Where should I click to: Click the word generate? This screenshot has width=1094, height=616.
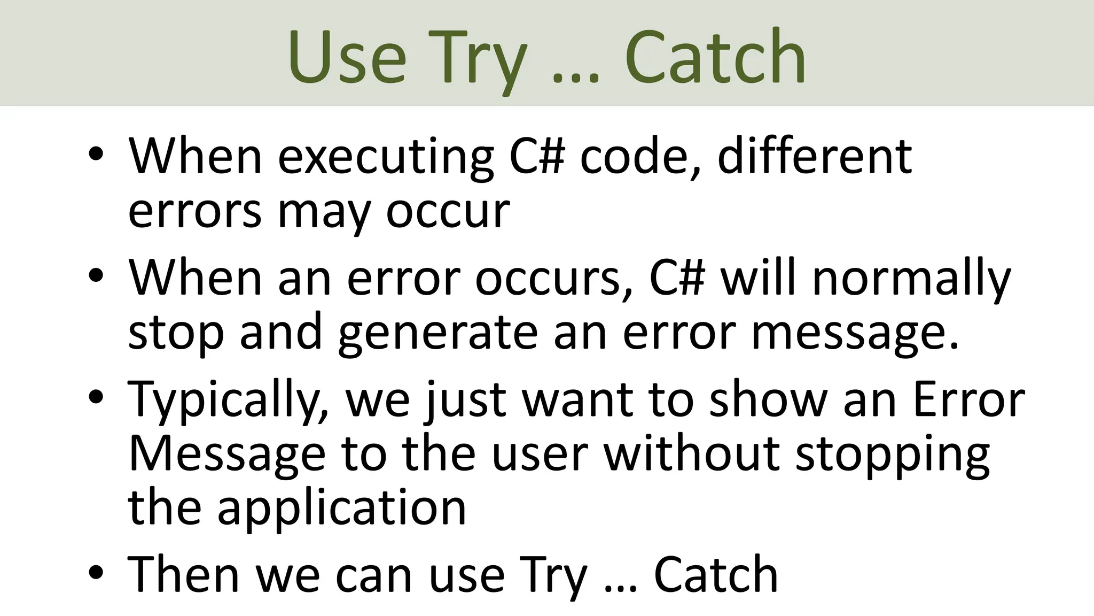click(x=437, y=334)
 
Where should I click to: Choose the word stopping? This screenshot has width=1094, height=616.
click(x=893, y=455)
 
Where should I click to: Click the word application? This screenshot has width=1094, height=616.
click(x=342, y=508)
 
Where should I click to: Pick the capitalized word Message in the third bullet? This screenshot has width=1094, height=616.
click(x=227, y=455)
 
